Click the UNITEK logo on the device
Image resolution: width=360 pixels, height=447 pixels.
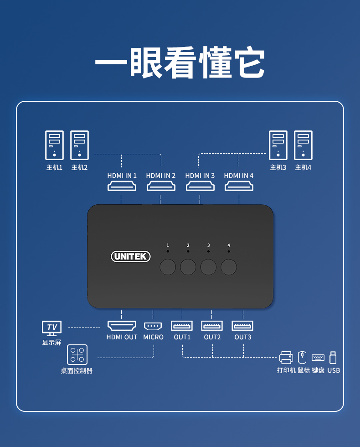click(x=130, y=256)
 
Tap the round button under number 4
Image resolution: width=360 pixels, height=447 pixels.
click(x=229, y=267)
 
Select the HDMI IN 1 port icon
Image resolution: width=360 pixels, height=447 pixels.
click(x=122, y=186)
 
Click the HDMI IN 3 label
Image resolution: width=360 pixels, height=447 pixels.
click(x=200, y=176)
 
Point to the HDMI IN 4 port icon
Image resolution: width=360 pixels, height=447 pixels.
click(x=239, y=186)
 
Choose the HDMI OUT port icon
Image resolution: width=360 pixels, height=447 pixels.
click(x=122, y=326)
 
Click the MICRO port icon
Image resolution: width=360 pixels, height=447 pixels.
click(x=153, y=326)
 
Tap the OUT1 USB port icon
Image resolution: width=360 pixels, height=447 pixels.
click(x=182, y=326)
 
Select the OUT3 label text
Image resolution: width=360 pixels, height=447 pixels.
click(x=242, y=337)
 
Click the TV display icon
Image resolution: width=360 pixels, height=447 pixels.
click(x=51, y=328)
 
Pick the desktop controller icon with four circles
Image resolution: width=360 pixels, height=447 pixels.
click(x=77, y=355)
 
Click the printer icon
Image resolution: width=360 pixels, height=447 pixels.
click(x=286, y=358)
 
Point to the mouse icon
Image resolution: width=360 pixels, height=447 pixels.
click(x=302, y=358)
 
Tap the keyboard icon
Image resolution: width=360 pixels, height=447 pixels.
click(x=318, y=358)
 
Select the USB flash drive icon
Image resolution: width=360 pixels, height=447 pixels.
click(x=333, y=358)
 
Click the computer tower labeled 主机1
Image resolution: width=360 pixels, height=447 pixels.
click(x=54, y=145)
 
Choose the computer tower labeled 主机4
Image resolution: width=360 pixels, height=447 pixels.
click(x=303, y=145)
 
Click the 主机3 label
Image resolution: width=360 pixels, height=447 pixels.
click(x=278, y=167)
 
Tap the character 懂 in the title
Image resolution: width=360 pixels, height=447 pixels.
click(x=216, y=62)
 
